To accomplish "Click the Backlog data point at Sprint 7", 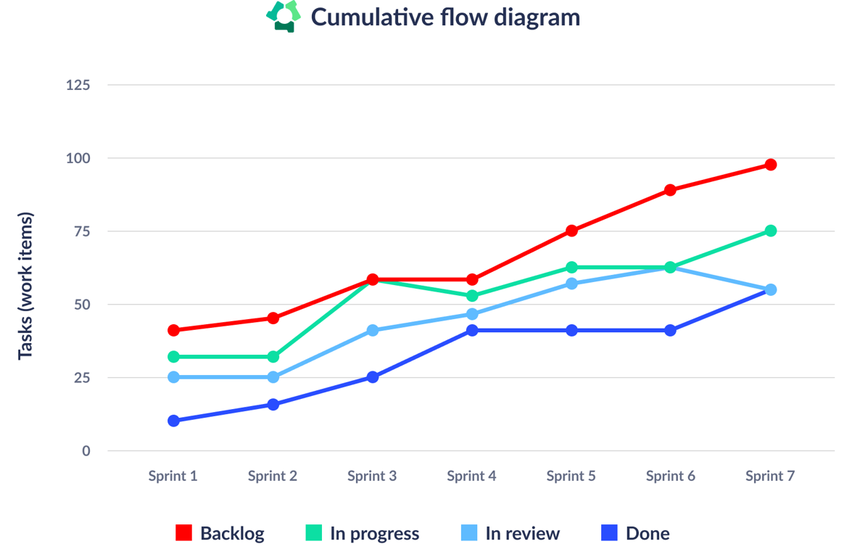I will (x=770, y=165).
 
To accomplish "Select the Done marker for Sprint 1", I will (x=173, y=421).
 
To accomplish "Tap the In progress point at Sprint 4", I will (x=472, y=296).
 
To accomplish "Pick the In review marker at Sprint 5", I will (x=571, y=284).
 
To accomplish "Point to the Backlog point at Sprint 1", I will (x=173, y=330).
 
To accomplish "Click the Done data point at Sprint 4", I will (x=472, y=330).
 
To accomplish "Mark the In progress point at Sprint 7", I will (x=770, y=231).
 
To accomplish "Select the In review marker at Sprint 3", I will (x=373, y=330).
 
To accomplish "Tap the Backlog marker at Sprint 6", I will (x=670, y=190).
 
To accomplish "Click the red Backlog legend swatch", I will (x=184, y=533).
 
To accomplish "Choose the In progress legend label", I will (x=374, y=533).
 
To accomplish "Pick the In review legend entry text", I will (x=522, y=533).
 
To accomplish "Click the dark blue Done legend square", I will (x=610, y=533).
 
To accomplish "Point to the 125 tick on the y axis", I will (x=78, y=85).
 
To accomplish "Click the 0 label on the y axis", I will (x=86, y=450).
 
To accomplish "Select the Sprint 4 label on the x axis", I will (x=471, y=476).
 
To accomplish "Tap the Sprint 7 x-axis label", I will (x=770, y=476).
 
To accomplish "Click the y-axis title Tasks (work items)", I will (x=25, y=285).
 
